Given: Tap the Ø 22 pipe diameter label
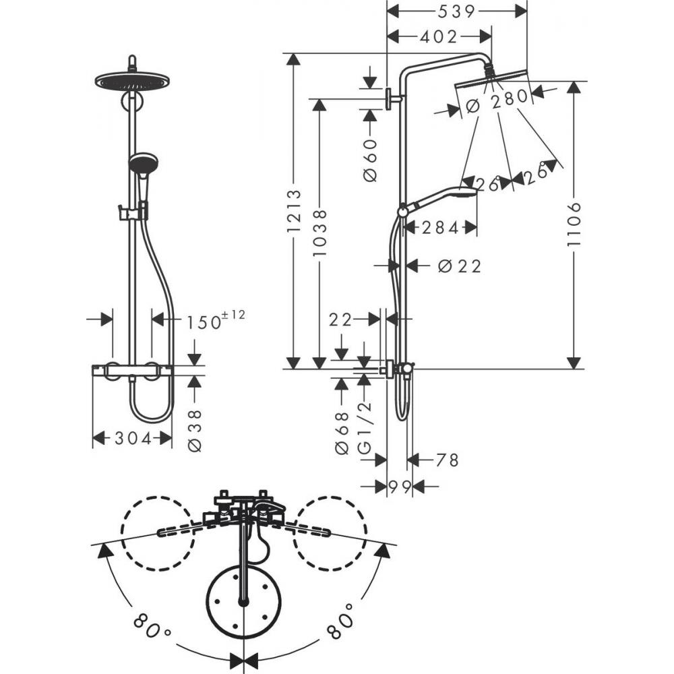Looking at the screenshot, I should coord(460,266).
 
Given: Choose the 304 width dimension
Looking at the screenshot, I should coord(132,439).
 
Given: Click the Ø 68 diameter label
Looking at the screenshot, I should coord(342,432).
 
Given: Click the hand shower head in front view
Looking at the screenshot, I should coord(142,164).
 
